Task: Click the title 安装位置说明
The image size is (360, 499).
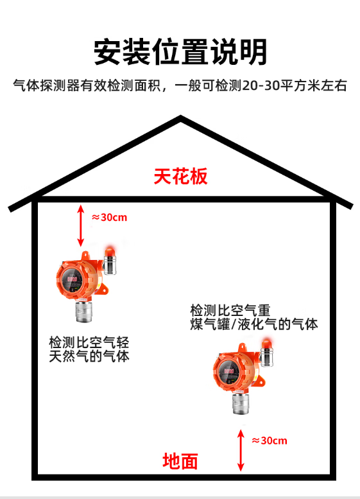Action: point(180,52)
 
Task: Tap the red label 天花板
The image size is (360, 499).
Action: point(180,176)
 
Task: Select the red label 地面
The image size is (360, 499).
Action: point(180,461)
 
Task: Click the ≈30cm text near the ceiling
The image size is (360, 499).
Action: point(109,217)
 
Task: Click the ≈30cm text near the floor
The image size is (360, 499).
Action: point(270,441)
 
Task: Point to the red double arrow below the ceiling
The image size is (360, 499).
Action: point(81,225)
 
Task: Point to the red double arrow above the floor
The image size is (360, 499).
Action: point(241,450)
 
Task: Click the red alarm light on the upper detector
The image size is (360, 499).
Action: point(110,250)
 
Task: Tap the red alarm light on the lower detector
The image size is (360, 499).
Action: point(266,344)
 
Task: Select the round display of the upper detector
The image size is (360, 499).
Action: point(72,281)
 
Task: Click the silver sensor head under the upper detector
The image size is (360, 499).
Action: point(84,311)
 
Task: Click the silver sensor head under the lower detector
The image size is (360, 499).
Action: point(241,403)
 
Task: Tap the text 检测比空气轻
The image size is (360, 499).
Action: point(89,342)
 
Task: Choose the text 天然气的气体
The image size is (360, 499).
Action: point(89,356)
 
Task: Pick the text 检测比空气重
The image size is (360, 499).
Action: point(230,310)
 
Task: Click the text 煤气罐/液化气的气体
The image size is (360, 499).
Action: point(254,324)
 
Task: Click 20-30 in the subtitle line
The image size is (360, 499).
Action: point(261,85)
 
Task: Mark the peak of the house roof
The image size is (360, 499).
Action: point(180,116)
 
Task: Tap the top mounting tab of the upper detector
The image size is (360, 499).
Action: point(85,255)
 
